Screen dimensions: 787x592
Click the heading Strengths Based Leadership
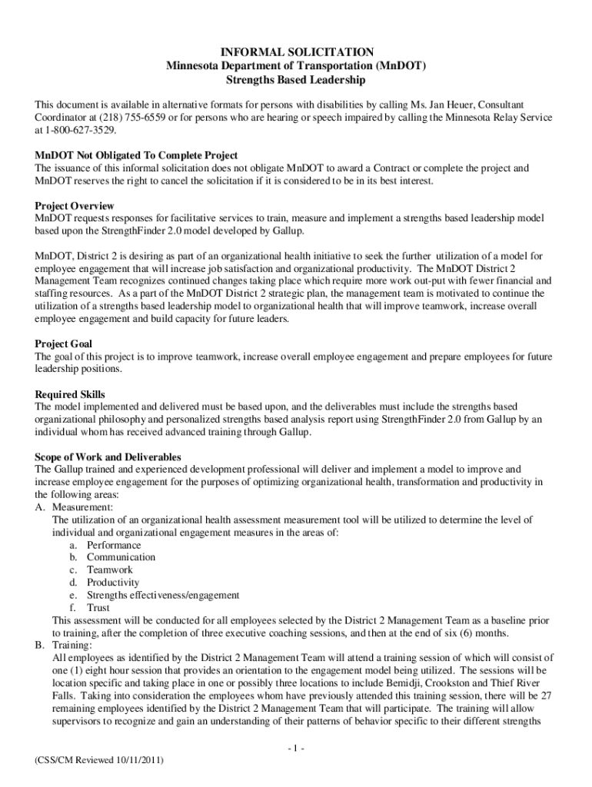[296, 79]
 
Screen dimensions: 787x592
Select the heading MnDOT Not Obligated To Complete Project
[136, 155]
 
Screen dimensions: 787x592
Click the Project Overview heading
[75, 206]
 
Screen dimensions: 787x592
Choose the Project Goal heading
[65, 344]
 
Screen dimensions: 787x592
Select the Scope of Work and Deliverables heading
[108, 457]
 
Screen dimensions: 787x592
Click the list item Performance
[114, 545]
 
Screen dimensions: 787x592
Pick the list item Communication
[121, 557]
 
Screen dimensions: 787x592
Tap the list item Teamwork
[110, 570]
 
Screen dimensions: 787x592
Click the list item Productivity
[113, 583]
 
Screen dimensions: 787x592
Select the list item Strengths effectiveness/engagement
[163, 595]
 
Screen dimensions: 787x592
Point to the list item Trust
[98, 608]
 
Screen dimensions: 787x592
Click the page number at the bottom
[295, 748]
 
